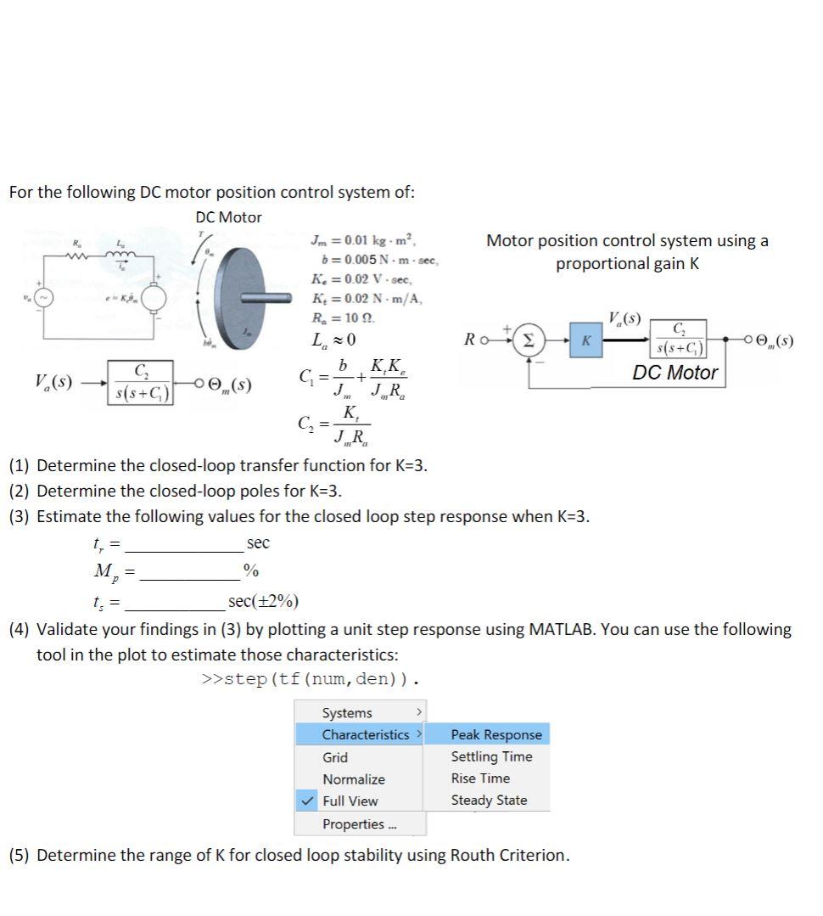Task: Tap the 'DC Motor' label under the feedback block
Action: pyautogui.click(x=675, y=373)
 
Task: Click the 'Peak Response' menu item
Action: pyautogui.click(x=495, y=734)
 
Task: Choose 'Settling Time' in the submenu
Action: pyautogui.click(x=491, y=756)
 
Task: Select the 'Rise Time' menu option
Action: pyautogui.click(x=480, y=778)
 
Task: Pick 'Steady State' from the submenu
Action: pyautogui.click(x=489, y=801)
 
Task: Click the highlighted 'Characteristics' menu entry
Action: pyautogui.click(x=365, y=734)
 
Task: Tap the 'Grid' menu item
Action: pyautogui.click(x=335, y=757)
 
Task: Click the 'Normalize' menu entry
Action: pyautogui.click(x=353, y=779)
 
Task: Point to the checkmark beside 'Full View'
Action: pyautogui.click(x=308, y=801)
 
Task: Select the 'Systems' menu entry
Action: pyautogui.click(x=347, y=713)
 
